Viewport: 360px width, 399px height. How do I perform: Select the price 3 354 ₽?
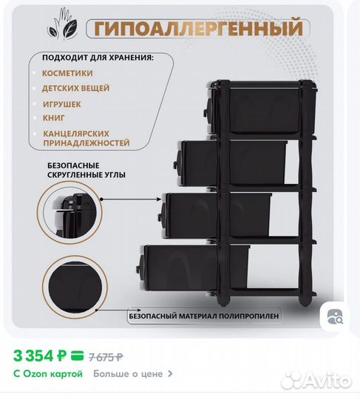[x=41, y=355]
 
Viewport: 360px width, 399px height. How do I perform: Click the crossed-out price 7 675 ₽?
[x=105, y=356]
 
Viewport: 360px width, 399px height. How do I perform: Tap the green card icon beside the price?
[x=76, y=355]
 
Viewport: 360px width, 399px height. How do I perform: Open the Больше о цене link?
[x=133, y=374]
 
